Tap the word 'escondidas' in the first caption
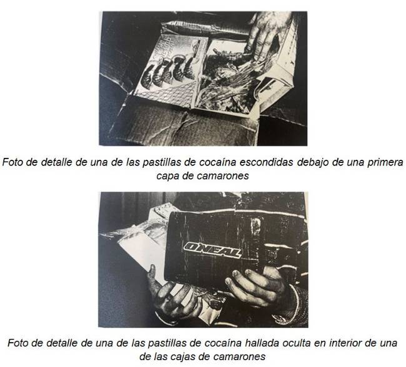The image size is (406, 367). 267,162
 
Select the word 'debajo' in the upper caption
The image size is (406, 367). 312,163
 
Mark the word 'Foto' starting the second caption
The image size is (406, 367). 18,343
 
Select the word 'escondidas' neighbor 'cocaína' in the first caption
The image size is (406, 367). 267,162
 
